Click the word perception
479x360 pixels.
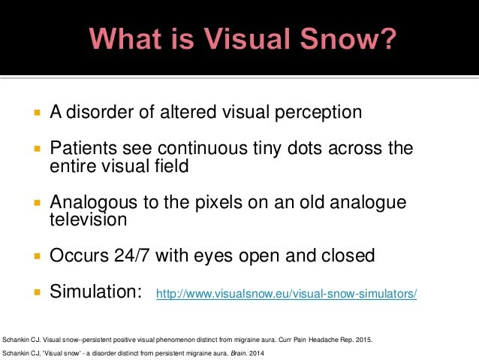(x=317, y=113)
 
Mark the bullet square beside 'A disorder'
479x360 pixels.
(x=35, y=113)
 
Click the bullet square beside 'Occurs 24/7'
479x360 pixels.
(x=35, y=256)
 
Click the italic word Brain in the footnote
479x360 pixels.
(x=244, y=352)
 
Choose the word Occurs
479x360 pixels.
(x=77, y=256)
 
